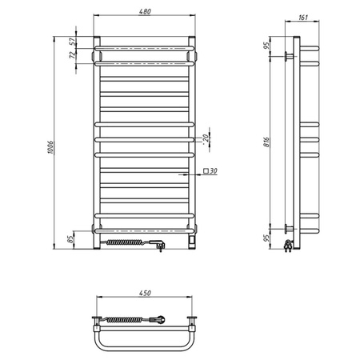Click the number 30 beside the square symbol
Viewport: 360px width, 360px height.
[214, 171]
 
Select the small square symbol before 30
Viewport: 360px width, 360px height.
[206, 171]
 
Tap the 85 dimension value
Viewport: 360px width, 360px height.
[72, 238]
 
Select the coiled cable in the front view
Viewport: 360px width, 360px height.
[125, 240]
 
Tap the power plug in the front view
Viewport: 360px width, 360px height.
[159, 242]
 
